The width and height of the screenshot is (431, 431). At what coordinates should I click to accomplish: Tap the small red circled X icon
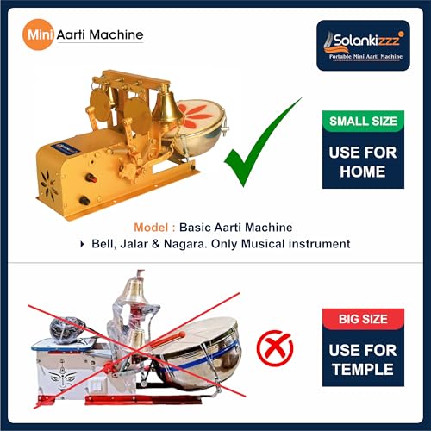(277, 349)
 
